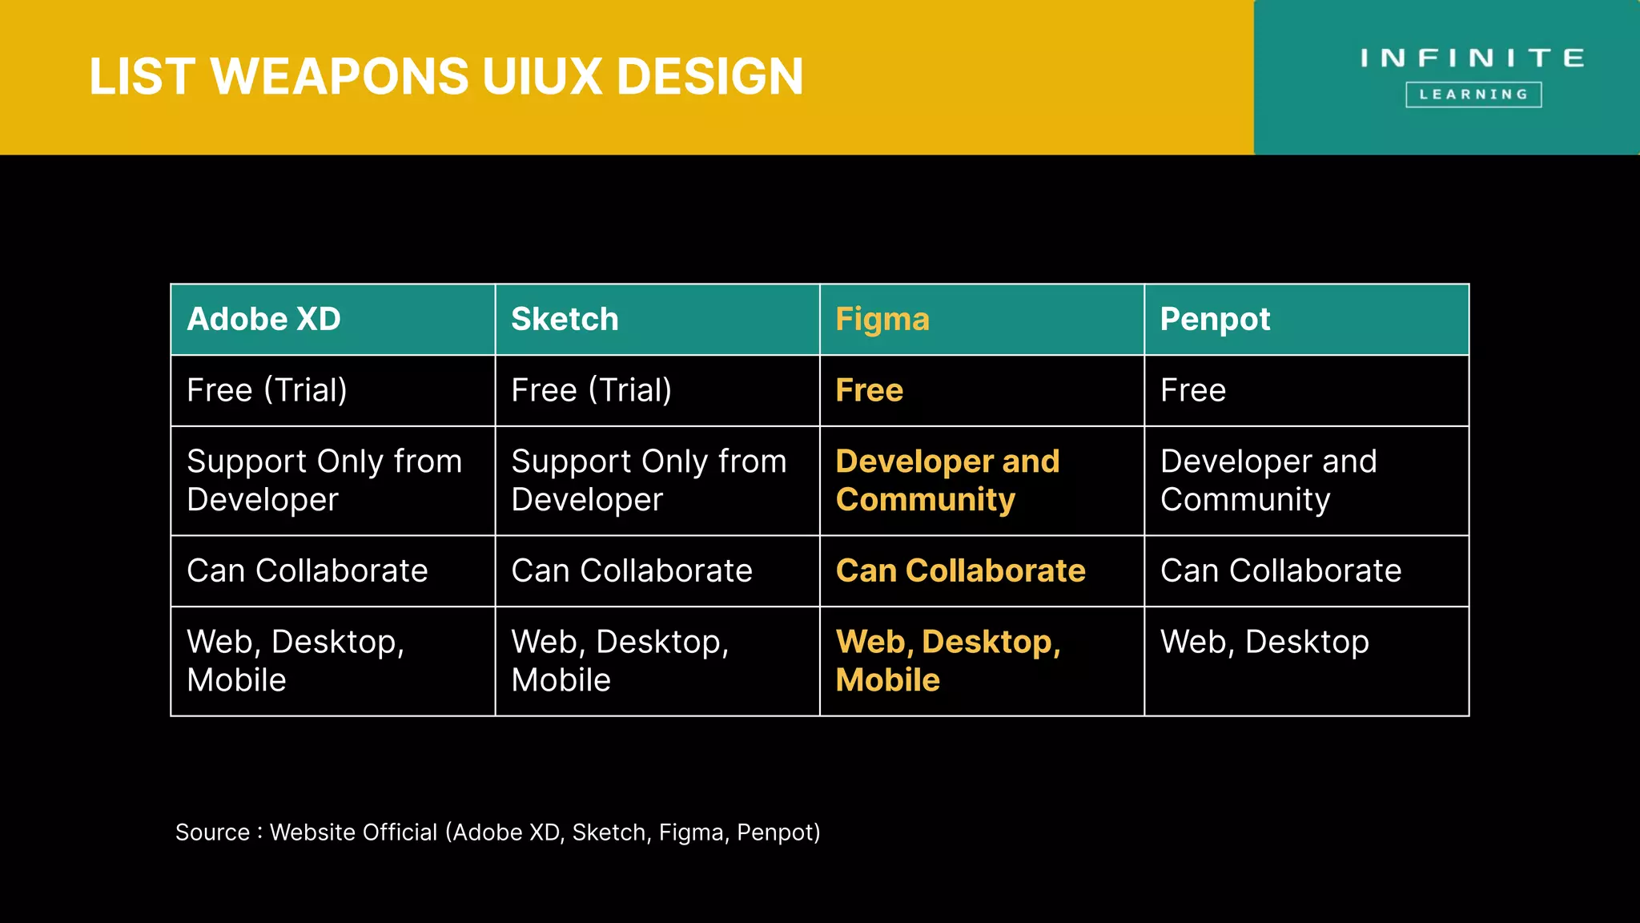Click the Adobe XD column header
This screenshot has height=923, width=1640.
point(264,320)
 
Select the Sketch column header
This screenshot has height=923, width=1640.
point(565,320)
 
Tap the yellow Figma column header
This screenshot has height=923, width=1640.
point(882,320)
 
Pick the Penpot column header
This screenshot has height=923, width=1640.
point(1215,320)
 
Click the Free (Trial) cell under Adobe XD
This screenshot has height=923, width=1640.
point(267,391)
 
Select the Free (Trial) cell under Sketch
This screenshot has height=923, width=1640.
point(592,391)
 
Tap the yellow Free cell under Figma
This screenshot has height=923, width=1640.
point(870,391)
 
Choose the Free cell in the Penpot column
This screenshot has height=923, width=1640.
point(1193,391)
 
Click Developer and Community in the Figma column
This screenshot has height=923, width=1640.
point(947,481)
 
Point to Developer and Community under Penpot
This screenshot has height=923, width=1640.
point(1268,481)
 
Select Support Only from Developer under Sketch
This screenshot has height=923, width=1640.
point(649,481)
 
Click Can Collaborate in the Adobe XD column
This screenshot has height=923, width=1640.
point(307,571)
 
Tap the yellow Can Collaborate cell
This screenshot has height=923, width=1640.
point(961,571)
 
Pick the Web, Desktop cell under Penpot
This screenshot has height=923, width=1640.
point(1264,643)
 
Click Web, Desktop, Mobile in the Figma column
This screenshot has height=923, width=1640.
point(948,661)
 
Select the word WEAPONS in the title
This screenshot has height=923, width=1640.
point(340,77)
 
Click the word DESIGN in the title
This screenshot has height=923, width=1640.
point(709,77)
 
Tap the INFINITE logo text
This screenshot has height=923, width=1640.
point(1473,58)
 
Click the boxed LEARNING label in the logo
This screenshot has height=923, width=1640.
point(1473,95)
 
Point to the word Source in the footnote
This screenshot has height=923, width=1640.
point(212,832)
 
